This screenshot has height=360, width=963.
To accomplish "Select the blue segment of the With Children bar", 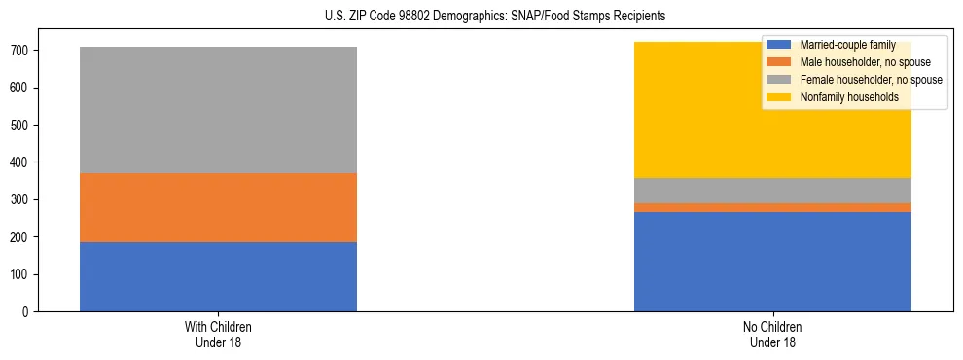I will [x=218, y=276].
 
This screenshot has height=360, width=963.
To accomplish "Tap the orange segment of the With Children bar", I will [x=218, y=207].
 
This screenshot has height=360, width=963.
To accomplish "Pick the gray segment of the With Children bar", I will [x=218, y=110].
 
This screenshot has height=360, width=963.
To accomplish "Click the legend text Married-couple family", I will [x=847, y=45].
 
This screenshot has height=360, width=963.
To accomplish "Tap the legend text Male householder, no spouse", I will [x=859, y=62].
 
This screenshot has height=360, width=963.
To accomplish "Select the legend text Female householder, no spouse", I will [x=871, y=80].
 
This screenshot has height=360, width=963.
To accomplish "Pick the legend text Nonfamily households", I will [x=848, y=97].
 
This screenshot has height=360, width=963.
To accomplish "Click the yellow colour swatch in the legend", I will [x=779, y=97].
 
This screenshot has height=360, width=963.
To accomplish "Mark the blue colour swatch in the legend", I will [x=779, y=45].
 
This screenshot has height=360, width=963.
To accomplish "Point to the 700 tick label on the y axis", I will [x=21, y=51].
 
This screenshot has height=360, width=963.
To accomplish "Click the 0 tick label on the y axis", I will [x=27, y=312].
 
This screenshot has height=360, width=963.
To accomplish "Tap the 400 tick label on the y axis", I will [x=21, y=162].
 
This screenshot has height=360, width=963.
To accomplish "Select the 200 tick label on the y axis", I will [x=21, y=237].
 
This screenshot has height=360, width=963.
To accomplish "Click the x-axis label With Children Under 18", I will [x=218, y=335].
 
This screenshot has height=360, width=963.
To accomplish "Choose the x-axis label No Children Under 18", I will [x=772, y=335].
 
